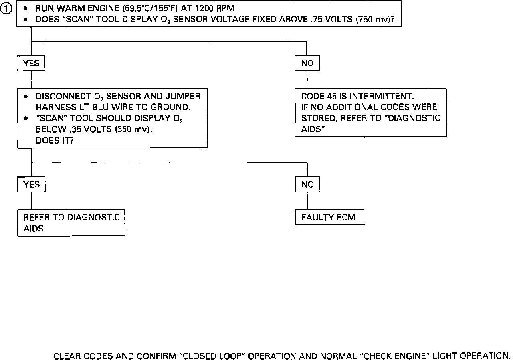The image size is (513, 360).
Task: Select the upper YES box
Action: (x=31, y=63)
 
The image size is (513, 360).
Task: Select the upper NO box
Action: (x=307, y=63)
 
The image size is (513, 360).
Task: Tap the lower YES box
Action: (x=31, y=184)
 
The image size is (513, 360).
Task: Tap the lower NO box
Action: (x=307, y=184)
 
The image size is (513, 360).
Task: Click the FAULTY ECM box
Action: (x=330, y=218)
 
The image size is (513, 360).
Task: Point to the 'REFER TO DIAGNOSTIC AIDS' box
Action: (x=71, y=223)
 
